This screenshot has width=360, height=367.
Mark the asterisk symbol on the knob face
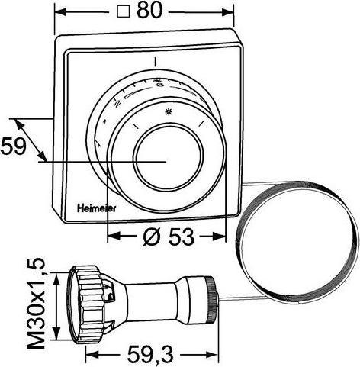169,113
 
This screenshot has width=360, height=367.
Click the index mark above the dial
155,60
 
